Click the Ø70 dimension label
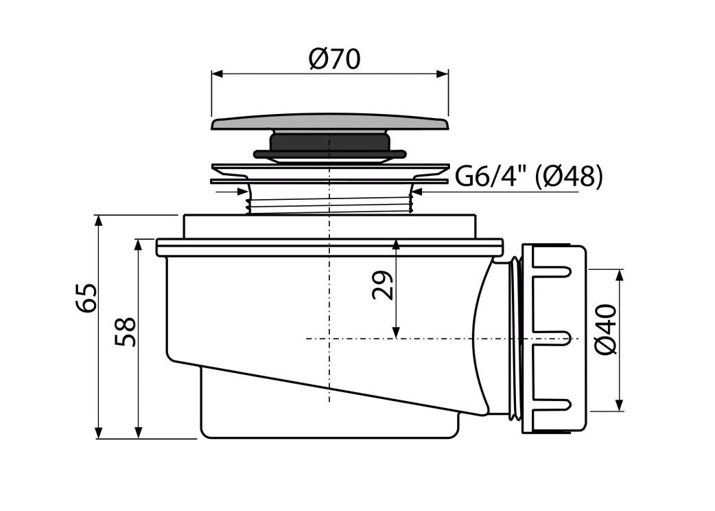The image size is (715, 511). click(x=334, y=59)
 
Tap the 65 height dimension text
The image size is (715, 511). click(x=86, y=298)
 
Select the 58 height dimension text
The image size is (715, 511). click(x=125, y=332)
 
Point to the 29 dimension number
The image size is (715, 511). click(x=382, y=285)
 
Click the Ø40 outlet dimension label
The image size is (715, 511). click(x=606, y=330)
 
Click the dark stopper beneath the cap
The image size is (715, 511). click(x=330, y=146)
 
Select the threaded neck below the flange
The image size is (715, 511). click(x=329, y=201)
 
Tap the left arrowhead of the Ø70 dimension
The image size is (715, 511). click(x=217, y=74)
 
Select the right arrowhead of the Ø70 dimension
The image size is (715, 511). click(x=443, y=74)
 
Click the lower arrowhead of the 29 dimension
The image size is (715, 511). click(x=396, y=332)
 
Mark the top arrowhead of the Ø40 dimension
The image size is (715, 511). click(x=619, y=275)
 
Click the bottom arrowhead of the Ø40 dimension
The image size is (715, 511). click(x=619, y=405)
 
